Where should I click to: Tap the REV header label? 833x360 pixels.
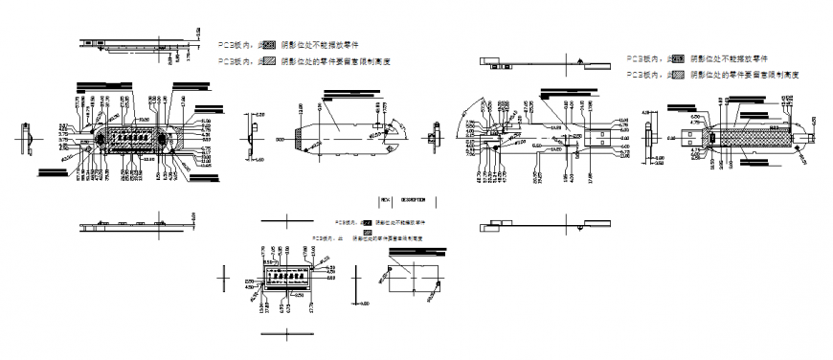pyautogui.click(x=385, y=200)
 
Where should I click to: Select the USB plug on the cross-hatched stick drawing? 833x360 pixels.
pyautogui.click(x=694, y=138)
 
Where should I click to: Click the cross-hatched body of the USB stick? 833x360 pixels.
pyautogui.click(x=756, y=139)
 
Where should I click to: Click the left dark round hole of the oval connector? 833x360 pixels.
pyautogui.click(x=96, y=139)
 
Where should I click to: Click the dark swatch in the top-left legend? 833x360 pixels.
pyautogui.click(x=270, y=44)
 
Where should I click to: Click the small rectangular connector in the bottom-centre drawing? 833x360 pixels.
pyautogui.click(x=287, y=277)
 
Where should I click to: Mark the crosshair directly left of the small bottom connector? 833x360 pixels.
pyautogui.click(x=224, y=277)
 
